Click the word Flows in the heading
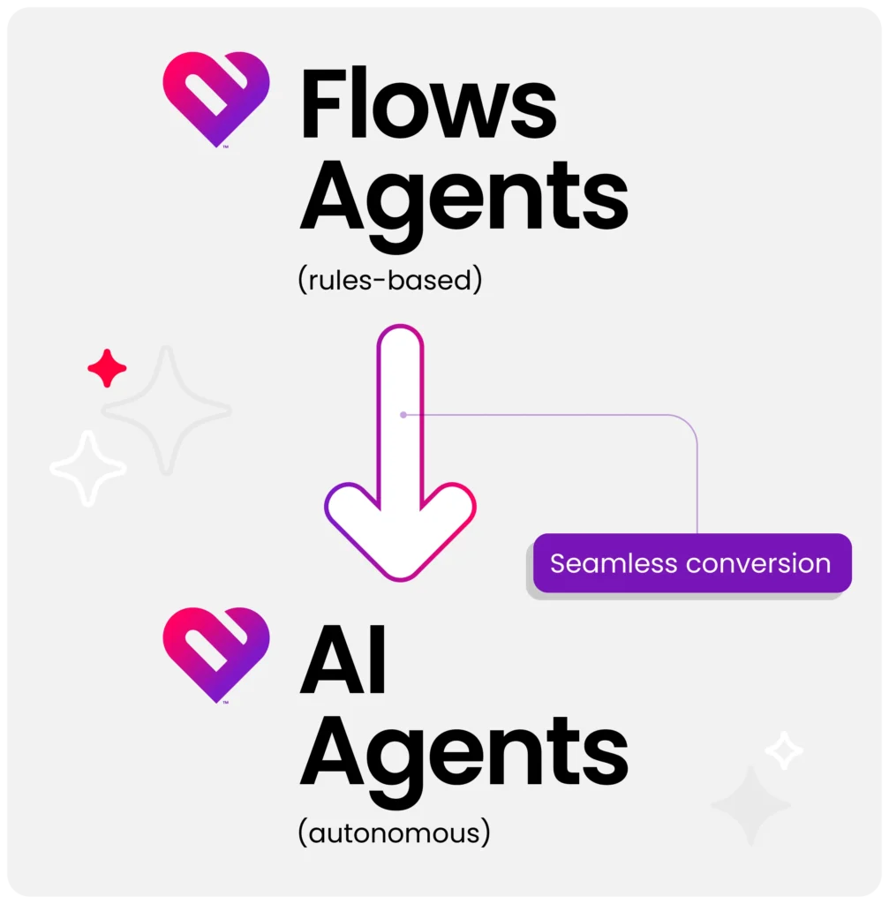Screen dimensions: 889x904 428,103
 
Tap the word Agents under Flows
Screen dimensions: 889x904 464,206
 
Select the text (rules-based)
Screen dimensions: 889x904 389,280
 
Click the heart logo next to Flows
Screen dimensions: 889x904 216,99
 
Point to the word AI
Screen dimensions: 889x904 343,659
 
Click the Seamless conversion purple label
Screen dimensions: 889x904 692,563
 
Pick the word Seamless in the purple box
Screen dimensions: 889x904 614,563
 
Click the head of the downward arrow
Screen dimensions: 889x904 400,531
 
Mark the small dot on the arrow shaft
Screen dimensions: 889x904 403,415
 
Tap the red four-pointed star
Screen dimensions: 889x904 107,368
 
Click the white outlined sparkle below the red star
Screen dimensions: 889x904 88,468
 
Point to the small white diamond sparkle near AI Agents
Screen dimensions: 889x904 784,750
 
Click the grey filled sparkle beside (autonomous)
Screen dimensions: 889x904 750,805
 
